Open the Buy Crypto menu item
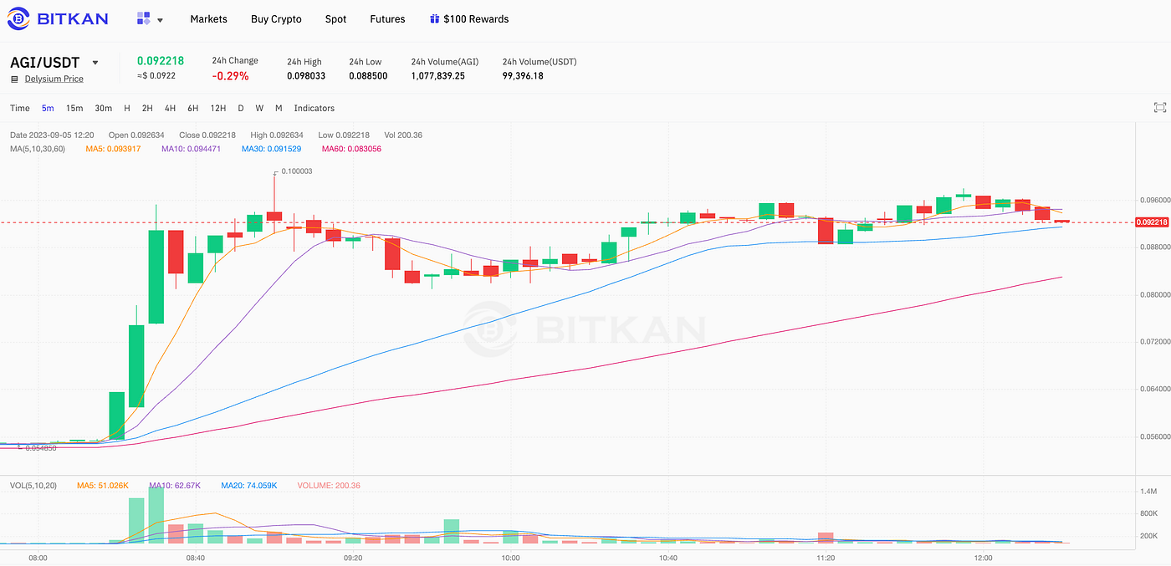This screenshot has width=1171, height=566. [276, 19]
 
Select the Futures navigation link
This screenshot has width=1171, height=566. [387, 19]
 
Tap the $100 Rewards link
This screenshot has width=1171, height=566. [469, 19]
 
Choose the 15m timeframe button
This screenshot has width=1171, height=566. [74, 108]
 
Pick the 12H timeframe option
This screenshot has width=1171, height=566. [217, 108]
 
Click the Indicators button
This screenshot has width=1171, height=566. [314, 108]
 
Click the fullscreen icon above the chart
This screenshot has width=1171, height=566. [1159, 108]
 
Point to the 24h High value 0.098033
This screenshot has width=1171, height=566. [305, 76]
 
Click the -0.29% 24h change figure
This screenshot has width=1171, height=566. [230, 76]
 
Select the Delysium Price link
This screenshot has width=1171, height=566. [54, 79]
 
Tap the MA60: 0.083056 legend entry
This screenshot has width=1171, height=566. [351, 149]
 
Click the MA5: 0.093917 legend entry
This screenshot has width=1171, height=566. [113, 149]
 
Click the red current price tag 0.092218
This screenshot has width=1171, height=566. [1151, 222]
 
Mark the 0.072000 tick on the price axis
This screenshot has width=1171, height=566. [1150, 342]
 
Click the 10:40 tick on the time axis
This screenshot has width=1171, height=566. [668, 558]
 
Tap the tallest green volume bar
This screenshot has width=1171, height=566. [156, 515]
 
